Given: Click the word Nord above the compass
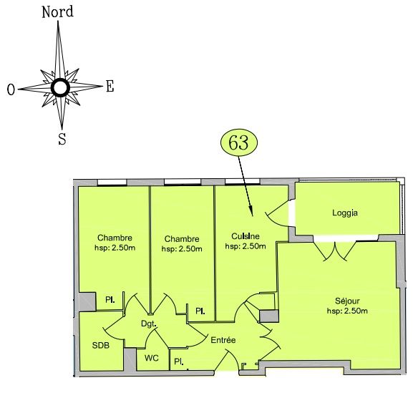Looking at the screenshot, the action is [57, 12].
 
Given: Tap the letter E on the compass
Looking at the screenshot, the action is [110, 86].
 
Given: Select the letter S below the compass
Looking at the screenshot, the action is [62, 139].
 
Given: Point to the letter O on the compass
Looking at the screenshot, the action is [11, 89].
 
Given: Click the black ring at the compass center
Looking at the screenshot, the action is [61, 87].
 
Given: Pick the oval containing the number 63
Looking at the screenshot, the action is [239, 142].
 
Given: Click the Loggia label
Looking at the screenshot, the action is [345, 213].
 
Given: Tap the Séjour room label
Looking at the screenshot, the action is [347, 301].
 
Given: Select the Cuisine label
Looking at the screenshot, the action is [246, 236].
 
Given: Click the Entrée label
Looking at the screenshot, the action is [223, 340].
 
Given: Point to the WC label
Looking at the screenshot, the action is [152, 358].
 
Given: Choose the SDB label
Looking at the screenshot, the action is [101, 346].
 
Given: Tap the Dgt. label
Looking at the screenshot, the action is [148, 324].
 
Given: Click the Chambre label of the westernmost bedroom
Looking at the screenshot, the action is [115, 238].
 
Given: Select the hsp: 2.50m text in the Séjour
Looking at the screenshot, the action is [347, 311].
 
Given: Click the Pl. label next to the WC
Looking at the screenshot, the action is [179, 361].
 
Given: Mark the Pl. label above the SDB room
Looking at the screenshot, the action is [110, 300].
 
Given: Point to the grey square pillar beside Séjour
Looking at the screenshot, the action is [269, 316].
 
